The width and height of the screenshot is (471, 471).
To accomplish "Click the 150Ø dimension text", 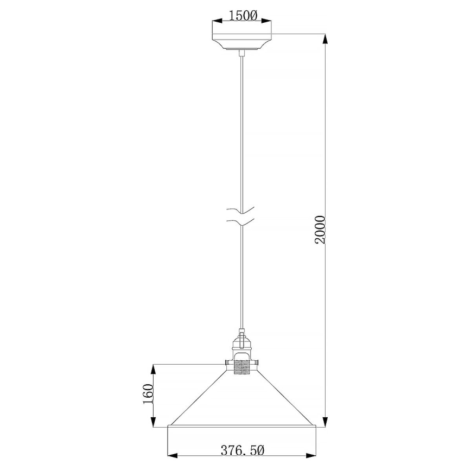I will click(x=242, y=16).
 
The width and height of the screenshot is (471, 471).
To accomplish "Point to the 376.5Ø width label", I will click(x=242, y=450).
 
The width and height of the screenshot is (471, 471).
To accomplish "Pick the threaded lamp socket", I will click(x=241, y=365).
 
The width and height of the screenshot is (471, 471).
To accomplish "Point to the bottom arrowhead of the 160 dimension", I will click(x=154, y=422).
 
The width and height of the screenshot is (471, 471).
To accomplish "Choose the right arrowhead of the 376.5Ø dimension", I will click(x=312, y=455).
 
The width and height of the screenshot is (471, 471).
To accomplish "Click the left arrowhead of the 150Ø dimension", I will click(x=216, y=21).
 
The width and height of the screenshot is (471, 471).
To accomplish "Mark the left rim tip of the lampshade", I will click(x=169, y=427).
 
